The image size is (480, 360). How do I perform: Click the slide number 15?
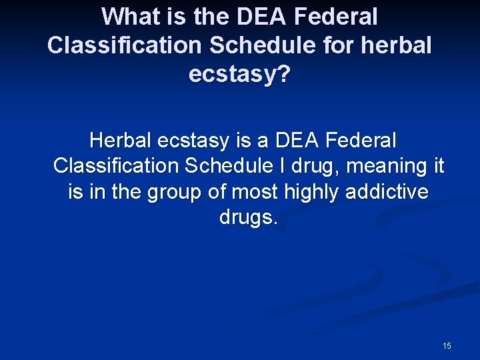tap(447, 346)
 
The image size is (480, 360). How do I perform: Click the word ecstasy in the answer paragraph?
tap(197, 141)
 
